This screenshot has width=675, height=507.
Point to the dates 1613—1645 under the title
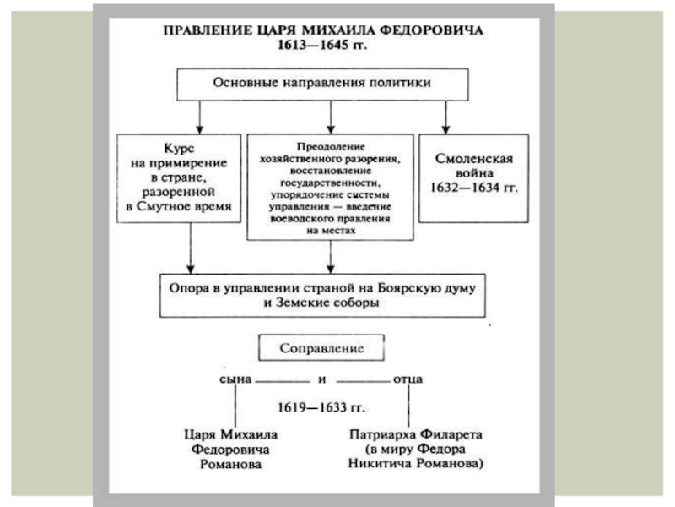point(312,45)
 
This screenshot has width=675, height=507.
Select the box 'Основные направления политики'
point(322,84)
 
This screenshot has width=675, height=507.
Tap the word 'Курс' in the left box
point(179,149)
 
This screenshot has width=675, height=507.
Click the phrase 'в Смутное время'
point(179,206)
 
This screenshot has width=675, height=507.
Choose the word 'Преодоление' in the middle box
point(331,146)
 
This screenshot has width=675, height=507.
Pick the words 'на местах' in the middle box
point(331,230)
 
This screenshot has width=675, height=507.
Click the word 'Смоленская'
point(474,159)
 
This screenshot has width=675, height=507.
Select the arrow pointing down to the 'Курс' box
point(199,117)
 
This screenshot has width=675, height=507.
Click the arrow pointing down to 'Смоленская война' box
point(446,117)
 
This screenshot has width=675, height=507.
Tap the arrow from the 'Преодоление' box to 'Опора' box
point(331,257)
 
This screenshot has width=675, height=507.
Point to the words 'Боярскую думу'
point(427,288)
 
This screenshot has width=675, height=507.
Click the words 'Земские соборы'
point(327,303)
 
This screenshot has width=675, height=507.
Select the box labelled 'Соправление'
point(321,347)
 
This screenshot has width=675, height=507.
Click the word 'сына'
point(235,379)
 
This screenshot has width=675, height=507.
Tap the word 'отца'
point(408,379)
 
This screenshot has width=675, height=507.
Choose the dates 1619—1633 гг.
point(321,407)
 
